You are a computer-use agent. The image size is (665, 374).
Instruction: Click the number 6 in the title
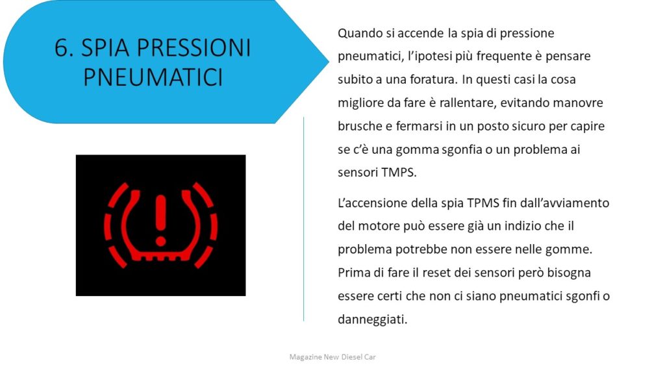62,47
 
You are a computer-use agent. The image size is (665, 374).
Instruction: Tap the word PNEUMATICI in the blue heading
153,77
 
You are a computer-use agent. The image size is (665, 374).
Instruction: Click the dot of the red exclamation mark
160,242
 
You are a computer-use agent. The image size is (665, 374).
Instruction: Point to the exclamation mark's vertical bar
160,213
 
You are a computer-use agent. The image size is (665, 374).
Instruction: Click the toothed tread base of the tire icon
161,256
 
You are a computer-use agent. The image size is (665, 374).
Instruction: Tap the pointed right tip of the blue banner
329,61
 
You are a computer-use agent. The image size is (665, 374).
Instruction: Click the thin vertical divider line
304,219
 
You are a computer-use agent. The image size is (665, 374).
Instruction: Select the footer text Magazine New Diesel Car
332,357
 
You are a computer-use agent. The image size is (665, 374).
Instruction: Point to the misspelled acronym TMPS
399,173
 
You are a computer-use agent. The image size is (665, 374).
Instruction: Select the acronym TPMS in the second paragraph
483,203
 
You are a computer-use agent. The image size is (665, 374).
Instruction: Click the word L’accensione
372,203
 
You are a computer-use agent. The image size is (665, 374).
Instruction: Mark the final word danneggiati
372,319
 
